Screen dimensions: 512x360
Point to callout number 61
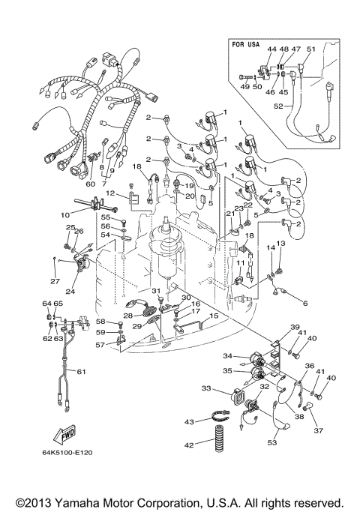point(82,371)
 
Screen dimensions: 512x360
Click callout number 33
point(207,389)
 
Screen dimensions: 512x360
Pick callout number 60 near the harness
point(90,184)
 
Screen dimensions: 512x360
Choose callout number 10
point(65,214)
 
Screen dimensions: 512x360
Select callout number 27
point(53,281)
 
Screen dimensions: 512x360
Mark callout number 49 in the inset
point(244,87)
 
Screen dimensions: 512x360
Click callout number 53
point(271,443)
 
